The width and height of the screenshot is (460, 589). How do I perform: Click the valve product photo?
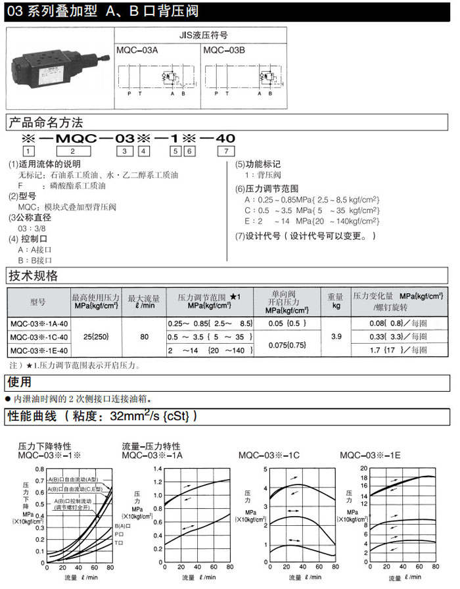tap(58, 68)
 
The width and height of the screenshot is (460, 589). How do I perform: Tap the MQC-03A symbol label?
tap(134, 50)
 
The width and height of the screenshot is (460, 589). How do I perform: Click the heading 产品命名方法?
tap(45, 123)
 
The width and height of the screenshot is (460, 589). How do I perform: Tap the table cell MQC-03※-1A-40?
tap(38, 323)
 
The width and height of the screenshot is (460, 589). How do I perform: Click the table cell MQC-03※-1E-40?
tap(38, 350)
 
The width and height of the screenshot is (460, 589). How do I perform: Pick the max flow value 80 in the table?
tap(144, 337)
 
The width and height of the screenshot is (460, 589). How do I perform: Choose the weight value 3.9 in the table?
tap(336, 337)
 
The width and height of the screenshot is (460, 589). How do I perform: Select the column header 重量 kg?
tap(336, 302)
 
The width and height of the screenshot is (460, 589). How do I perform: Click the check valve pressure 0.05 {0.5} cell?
tap(287, 323)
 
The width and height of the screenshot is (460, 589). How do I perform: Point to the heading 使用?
tap(19, 382)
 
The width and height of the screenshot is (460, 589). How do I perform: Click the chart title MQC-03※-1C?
tap(269, 455)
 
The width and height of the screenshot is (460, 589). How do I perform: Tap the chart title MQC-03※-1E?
tap(371, 455)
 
